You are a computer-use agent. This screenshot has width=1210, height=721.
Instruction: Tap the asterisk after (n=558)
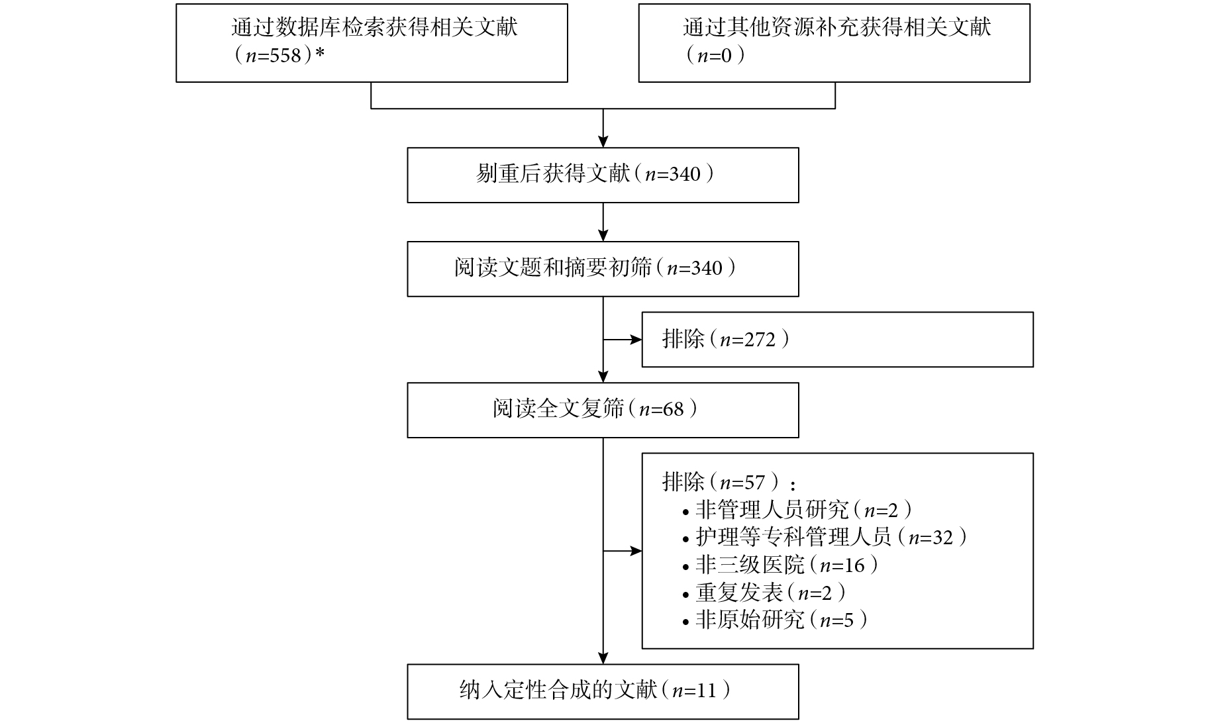(x=320, y=54)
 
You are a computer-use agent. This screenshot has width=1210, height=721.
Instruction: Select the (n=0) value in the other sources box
(x=714, y=56)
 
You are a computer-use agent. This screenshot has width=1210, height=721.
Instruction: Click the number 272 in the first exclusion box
(x=760, y=340)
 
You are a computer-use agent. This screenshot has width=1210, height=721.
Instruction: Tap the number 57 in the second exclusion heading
(x=756, y=483)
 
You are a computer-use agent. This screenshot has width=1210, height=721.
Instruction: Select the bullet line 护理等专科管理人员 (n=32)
(x=825, y=538)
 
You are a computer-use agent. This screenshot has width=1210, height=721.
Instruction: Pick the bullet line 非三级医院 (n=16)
(x=781, y=565)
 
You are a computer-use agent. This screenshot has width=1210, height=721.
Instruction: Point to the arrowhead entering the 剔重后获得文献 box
(x=603, y=141)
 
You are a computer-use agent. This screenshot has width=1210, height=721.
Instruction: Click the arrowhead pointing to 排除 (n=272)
(x=636, y=340)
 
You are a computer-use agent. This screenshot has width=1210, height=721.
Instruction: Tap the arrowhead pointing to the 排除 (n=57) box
(x=636, y=551)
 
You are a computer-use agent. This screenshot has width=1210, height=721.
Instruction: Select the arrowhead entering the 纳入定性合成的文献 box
(x=603, y=658)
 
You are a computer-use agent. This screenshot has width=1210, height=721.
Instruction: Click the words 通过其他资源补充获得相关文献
(x=837, y=27)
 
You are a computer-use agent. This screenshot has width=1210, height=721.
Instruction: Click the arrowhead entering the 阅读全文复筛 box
(x=603, y=376)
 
